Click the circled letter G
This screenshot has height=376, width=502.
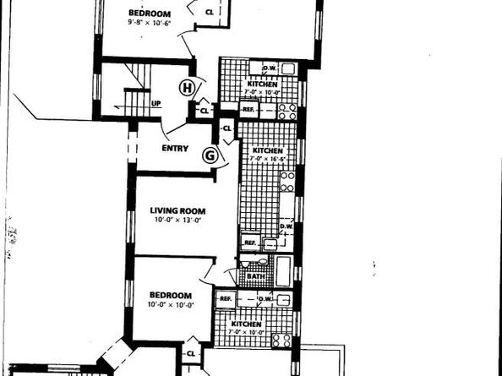tap(210, 155)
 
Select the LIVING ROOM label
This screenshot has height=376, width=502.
tap(178, 210)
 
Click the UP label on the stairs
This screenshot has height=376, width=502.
tap(156, 104)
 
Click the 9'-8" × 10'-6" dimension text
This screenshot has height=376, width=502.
tap(149, 24)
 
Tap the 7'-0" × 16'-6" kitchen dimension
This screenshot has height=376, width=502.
tap(266, 157)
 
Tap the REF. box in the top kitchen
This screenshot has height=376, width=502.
tap(248, 108)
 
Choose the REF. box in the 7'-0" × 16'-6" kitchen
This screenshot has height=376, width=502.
tap(249, 242)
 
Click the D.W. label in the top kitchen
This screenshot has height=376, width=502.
tap(270, 68)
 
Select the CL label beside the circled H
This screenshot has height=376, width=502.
tap(204, 110)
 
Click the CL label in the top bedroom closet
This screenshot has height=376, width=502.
tap(210, 11)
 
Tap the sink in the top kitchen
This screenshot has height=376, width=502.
tap(255, 68)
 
